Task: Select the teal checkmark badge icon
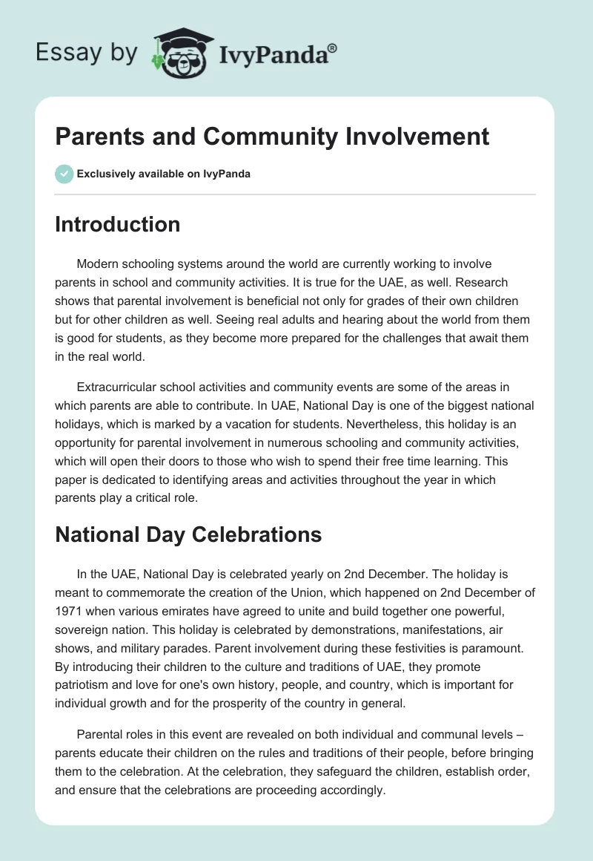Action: click(x=64, y=174)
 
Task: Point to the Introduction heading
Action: click(x=117, y=224)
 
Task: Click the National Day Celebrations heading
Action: click(x=188, y=534)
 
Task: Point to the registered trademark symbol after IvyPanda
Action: click(x=334, y=47)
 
